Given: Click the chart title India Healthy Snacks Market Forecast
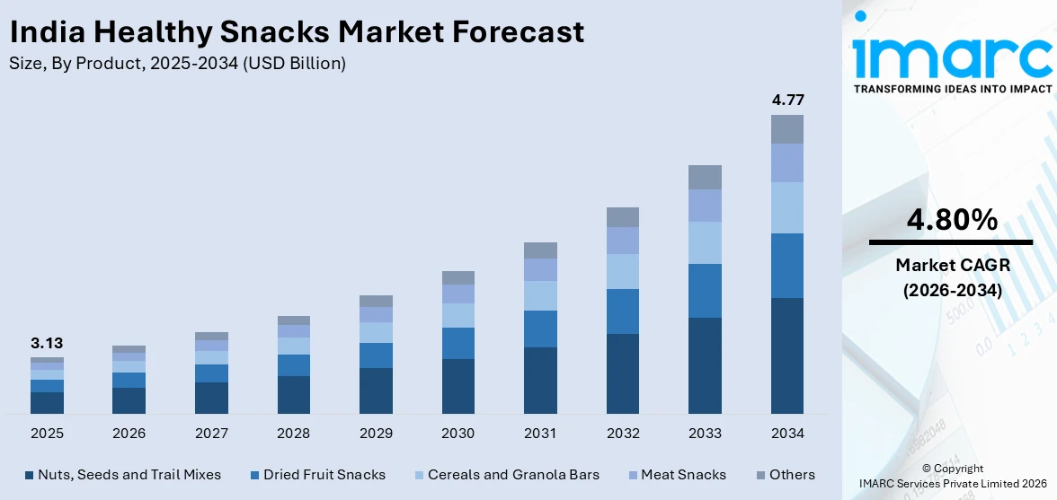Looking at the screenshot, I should (x=297, y=31).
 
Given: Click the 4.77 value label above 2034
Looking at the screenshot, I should (x=786, y=100).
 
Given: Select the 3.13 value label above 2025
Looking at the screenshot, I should (x=47, y=343).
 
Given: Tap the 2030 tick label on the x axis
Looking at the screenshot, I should (x=457, y=434).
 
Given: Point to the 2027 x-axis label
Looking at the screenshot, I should (x=211, y=434).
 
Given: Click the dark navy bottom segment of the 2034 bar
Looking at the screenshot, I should (x=786, y=355).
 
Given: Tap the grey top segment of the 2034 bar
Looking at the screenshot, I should (x=786, y=129).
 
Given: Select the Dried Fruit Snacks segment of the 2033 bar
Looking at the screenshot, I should (x=705, y=291).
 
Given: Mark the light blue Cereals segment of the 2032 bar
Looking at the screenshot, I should (x=622, y=271).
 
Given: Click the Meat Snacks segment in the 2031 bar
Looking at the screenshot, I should (x=540, y=269).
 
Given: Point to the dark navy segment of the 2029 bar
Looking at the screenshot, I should (x=376, y=390).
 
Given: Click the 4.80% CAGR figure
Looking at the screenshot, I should (x=951, y=219).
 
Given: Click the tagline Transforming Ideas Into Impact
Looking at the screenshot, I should (x=952, y=89).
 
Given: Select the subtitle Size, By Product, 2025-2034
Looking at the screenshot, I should (x=177, y=64).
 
